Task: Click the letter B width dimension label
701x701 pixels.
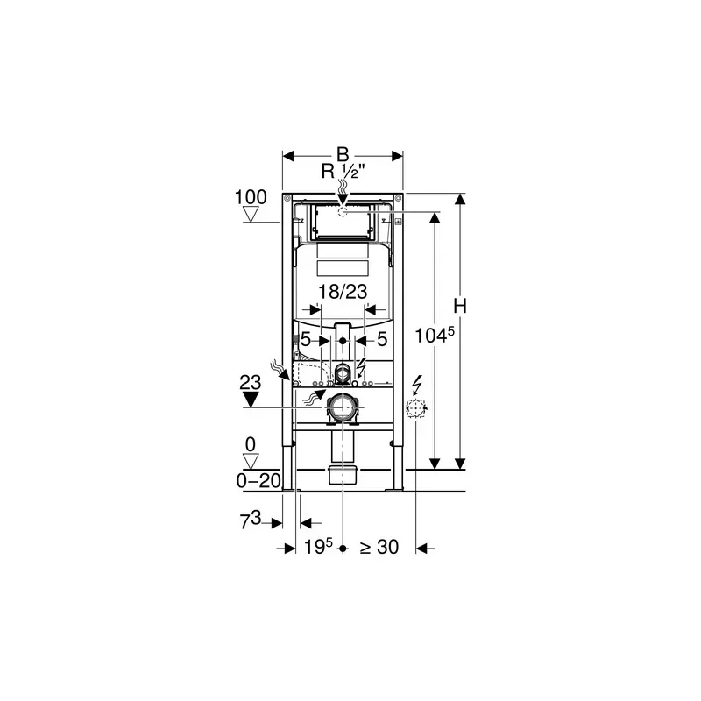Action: pyautogui.click(x=343, y=155)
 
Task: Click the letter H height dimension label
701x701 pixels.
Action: pyautogui.click(x=460, y=306)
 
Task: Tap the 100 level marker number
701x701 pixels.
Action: pyautogui.click(x=251, y=197)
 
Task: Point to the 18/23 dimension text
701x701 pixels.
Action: pyautogui.click(x=343, y=292)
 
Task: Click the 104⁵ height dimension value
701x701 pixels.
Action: pyautogui.click(x=435, y=335)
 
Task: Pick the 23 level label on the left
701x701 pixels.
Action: pyautogui.click(x=251, y=383)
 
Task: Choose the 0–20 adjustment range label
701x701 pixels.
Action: pyautogui.click(x=258, y=480)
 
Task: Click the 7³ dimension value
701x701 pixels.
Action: pyautogui.click(x=251, y=520)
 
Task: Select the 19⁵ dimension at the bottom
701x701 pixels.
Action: pyautogui.click(x=319, y=546)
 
